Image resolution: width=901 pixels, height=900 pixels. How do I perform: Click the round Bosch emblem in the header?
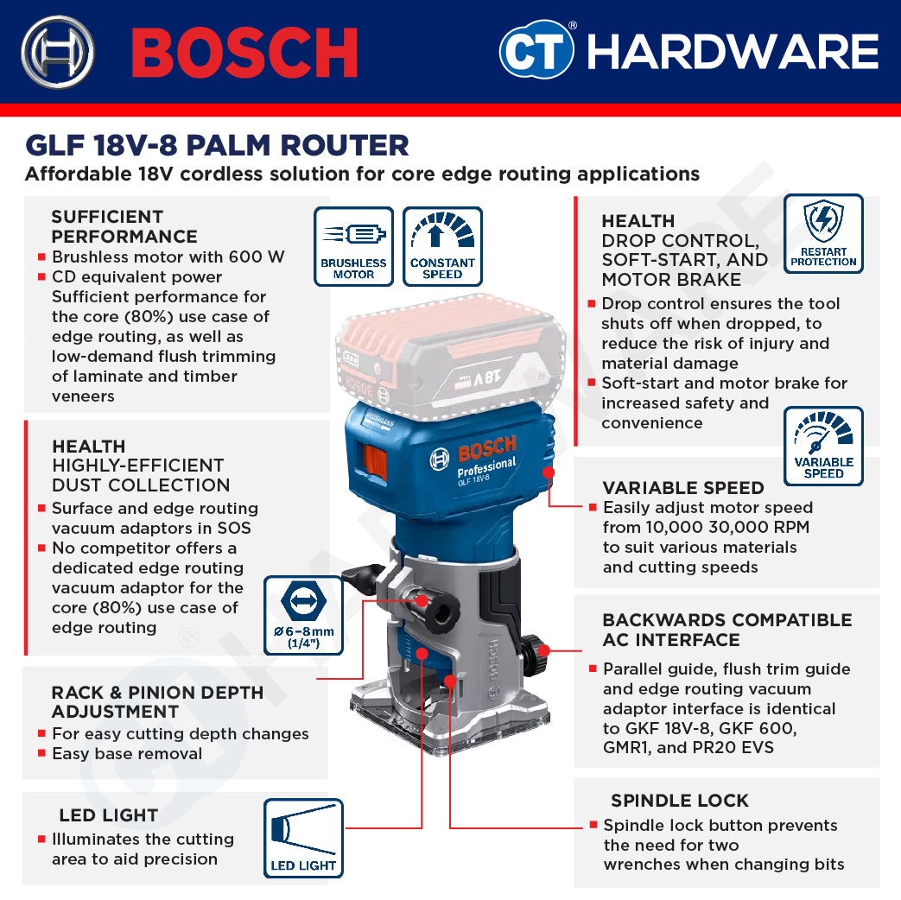tap(58, 52)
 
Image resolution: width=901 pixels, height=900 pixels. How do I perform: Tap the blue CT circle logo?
tap(536, 51)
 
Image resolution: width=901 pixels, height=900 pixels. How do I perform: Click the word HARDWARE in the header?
tap(733, 52)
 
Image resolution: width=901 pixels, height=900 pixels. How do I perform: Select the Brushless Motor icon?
tap(353, 246)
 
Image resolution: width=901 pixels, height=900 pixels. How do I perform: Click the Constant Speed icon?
tap(442, 246)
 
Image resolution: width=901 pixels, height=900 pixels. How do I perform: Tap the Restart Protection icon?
tap(823, 233)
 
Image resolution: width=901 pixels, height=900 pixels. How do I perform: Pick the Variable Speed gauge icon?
tap(823, 446)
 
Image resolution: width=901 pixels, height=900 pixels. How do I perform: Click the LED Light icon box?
tap(303, 838)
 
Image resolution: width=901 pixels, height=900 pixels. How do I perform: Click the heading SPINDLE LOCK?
tap(680, 801)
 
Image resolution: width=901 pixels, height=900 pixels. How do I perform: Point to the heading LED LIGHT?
tap(108, 815)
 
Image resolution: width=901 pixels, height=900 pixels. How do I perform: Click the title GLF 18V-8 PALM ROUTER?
tap(217, 144)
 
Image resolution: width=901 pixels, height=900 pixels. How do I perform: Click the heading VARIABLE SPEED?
tap(683, 488)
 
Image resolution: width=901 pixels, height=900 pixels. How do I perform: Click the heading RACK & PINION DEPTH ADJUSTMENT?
tap(157, 702)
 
